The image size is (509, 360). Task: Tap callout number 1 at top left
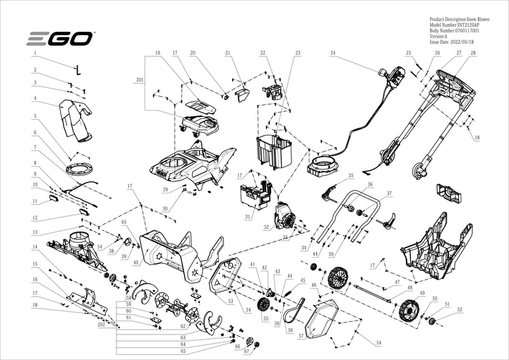[x=35, y=54]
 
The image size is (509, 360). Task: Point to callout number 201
[x=139, y=81]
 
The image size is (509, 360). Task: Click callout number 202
[x=101, y=324]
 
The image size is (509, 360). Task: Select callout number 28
[x=473, y=53]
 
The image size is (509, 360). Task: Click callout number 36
[x=370, y=184]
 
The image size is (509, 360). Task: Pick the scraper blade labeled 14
[x=84, y=298]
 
